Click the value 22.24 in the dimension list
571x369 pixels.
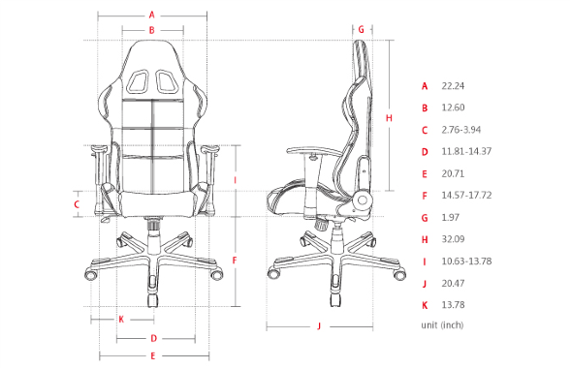(x=452, y=86)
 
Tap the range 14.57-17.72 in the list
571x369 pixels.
(x=465, y=196)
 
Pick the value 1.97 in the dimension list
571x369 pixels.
(x=450, y=217)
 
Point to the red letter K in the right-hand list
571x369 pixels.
(x=425, y=304)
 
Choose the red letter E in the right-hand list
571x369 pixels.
(x=425, y=173)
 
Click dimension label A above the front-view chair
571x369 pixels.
(x=151, y=15)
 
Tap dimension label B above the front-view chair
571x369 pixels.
(x=151, y=31)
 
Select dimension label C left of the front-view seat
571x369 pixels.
(x=76, y=204)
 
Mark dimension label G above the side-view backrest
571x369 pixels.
(x=361, y=29)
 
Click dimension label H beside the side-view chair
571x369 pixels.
(x=389, y=118)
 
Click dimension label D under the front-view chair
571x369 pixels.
(x=153, y=338)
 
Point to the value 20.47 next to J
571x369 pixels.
(x=452, y=283)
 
